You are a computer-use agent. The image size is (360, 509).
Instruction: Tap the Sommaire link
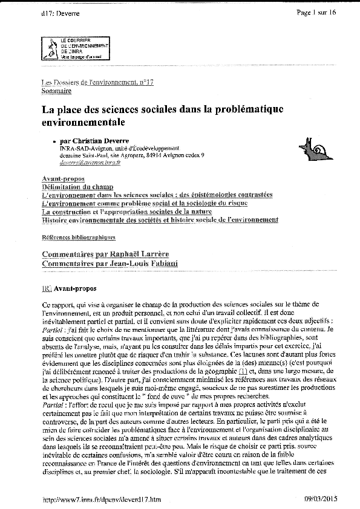pyautogui.click(x=56, y=91)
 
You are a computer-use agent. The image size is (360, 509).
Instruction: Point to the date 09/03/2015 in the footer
pyautogui.click(x=324, y=499)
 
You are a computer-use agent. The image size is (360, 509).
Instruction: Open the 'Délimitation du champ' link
pyautogui.click(x=77, y=187)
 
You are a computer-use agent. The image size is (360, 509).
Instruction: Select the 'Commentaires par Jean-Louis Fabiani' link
pyautogui.click(x=110, y=264)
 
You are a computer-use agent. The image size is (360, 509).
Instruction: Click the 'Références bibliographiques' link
pyautogui.click(x=78, y=238)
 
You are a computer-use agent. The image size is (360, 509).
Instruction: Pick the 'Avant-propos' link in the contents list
pyautogui.click(x=63, y=179)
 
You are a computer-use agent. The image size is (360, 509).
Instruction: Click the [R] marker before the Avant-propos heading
pyautogui.click(x=46, y=288)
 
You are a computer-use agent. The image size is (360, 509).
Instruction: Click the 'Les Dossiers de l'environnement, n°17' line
pyautogui.click(x=97, y=82)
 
